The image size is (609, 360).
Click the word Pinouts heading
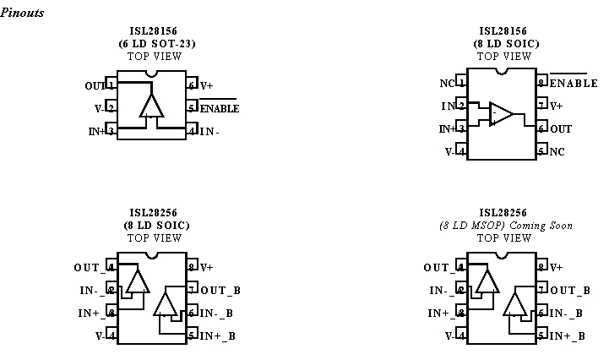tap(23, 13)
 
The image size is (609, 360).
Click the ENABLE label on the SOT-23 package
tap(220, 108)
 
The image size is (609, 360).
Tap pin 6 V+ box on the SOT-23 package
tap(193, 85)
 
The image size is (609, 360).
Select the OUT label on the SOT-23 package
tap(95, 85)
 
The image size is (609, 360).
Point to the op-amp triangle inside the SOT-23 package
tap(152, 106)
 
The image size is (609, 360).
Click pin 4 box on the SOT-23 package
tap(193, 131)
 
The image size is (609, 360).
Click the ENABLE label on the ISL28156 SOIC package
tap(568, 84)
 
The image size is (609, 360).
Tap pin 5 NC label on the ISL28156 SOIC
tap(557, 151)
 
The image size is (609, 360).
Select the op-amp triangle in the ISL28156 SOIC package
tap(501, 115)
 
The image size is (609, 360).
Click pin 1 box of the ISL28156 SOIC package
tap(461, 84)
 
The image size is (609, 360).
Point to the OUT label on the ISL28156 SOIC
tap(560, 129)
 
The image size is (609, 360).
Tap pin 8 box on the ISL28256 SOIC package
tap(193, 267)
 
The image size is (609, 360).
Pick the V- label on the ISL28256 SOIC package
tap(100, 335)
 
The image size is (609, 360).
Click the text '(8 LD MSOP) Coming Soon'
tap(505, 226)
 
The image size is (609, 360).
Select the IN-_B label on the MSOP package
tap(568, 314)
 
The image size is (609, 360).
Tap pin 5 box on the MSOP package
tap(542, 335)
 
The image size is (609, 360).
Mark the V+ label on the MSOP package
tap(556, 267)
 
